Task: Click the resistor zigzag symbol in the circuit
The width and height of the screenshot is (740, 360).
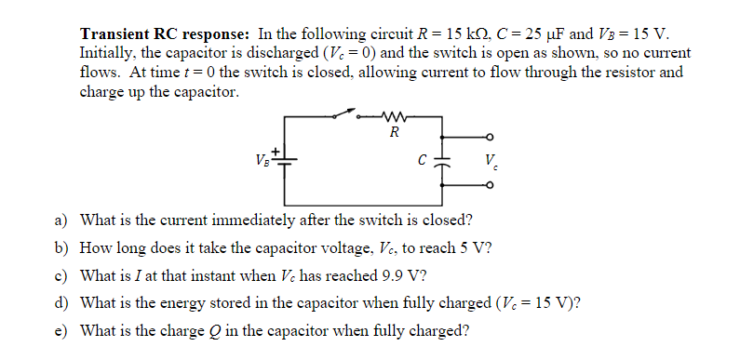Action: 394,116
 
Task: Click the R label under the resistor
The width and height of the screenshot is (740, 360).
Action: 394,132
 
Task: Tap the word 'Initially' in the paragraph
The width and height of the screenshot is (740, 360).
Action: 107,53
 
